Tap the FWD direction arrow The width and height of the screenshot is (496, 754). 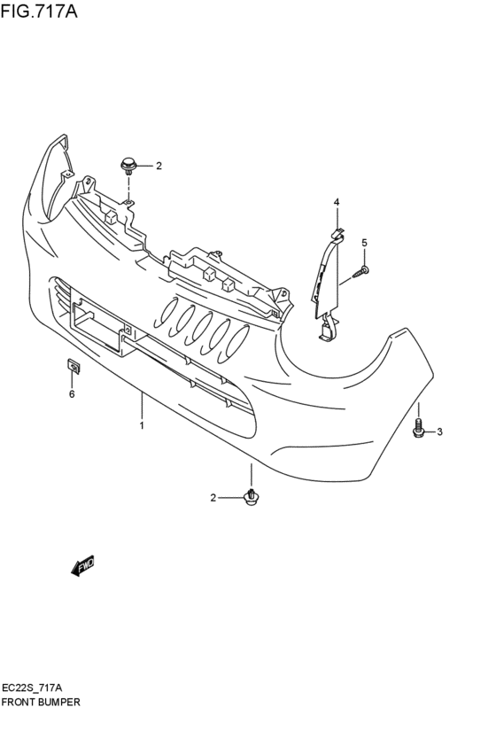click(82, 565)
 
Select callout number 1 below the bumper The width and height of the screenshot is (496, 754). click(142, 426)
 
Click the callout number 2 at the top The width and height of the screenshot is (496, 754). click(159, 166)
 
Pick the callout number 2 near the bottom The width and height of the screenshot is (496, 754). click(213, 498)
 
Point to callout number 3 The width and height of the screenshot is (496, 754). click(438, 431)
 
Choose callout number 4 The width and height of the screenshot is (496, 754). click(337, 203)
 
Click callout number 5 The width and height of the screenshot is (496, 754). click(363, 242)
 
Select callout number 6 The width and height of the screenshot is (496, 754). click(72, 394)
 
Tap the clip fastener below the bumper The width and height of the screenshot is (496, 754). click(252, 498)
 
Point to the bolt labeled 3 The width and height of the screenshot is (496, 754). click(418, 429)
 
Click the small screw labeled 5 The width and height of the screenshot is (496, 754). click(361, 272)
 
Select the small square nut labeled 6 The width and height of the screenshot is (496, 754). click(74, 365)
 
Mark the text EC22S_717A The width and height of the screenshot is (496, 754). click(31, 688)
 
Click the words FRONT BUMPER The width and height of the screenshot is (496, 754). click(41, 701)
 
